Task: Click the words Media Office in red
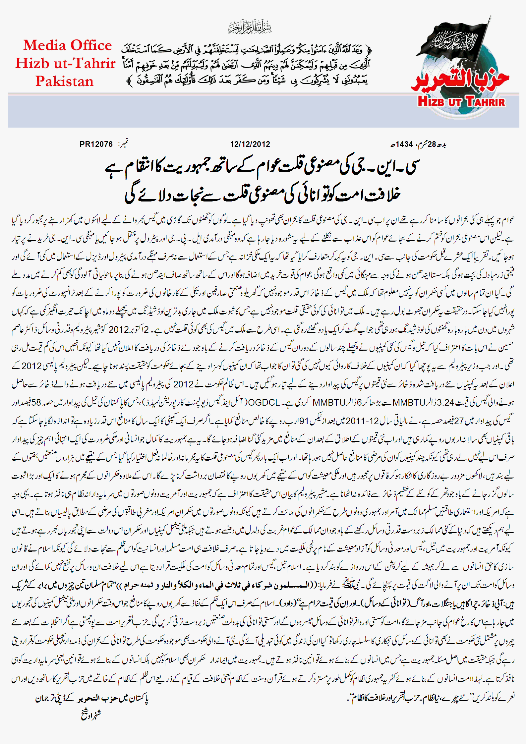click(x=67, y=45)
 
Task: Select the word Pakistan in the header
click(x=65, y=81)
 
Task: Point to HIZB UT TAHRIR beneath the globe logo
click(x=461, y=101)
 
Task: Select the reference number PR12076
click(x=96, y=144)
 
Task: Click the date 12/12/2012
click(x=250, y=144)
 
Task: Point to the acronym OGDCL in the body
click(x=264, y=402)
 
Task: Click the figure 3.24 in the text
click(x=445, y=402)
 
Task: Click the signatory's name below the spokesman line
click(x=91, y=715)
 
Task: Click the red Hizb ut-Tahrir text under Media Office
click(x=65, y=63)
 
